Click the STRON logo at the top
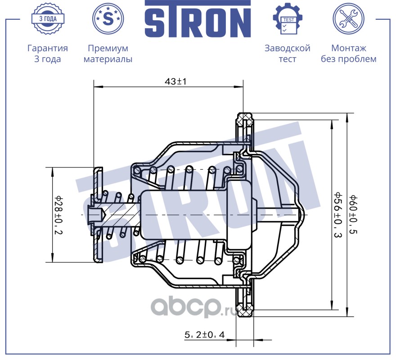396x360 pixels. (198, 19)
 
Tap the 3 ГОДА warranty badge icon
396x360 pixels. (47, 18)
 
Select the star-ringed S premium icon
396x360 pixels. (108, 18)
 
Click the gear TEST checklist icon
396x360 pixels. (288, 19)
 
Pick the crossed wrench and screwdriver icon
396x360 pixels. (348, 18)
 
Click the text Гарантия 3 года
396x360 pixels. (47, 54)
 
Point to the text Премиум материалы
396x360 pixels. (108, 54)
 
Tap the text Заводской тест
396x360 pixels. (288, 54)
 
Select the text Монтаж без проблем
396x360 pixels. (348, 54)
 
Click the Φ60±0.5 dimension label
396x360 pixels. (354, 215)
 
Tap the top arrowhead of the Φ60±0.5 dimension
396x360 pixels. (347, 116)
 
